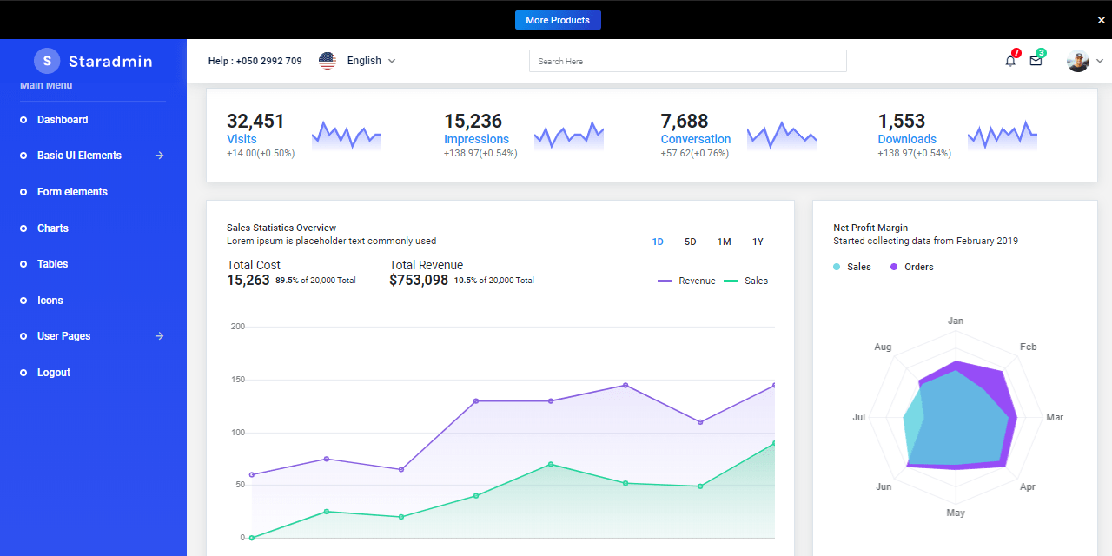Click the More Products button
pos(557,20)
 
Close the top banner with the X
pos(1102,20)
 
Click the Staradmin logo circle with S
pos(47,61)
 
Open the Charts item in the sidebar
pos(52,228)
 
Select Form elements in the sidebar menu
pos(72,192)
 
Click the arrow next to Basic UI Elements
pos(159,156)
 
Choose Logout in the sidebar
pos(53,373)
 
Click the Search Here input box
pos(687,61)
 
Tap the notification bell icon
pos(1010,61)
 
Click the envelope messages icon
pos(1036,61)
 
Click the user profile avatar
pos(1078,61)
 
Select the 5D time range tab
pos(690,242)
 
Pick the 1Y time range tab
pos(758,242)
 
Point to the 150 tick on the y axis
pos(237,380)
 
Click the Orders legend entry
pos(918,267)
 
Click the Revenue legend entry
pos(697,281)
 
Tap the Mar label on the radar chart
pos(1055,418)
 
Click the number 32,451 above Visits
pos(255,121)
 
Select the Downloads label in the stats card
pos(907,139)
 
